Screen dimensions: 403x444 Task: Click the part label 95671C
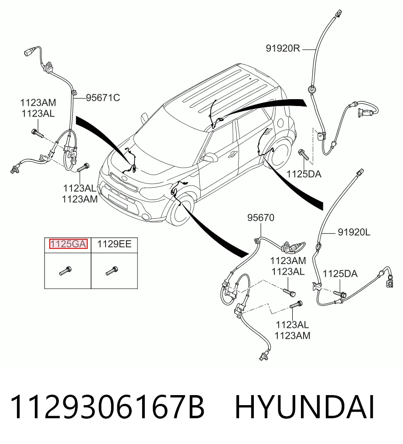tap(103, 98)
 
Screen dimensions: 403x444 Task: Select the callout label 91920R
tap(283, 48)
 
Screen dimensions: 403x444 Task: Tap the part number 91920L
tap(354, 232)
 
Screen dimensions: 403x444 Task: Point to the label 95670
tap(261, 218)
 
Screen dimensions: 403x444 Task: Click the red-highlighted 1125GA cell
tap(68, 244)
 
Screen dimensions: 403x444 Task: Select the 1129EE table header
tap(115, 244)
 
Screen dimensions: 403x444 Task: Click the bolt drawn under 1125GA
tap(65, 270)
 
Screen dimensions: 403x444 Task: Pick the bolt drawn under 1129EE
tap(112, 270)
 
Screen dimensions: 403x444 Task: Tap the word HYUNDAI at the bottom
tap(305, 407)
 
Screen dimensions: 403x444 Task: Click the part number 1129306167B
tap(107, 407)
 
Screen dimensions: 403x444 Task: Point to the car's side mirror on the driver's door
tap(208, 158)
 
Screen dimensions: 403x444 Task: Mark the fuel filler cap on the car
tap(280, 123)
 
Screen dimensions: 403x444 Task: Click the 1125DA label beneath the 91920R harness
tap(304, 174)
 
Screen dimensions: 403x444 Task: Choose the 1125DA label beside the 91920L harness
tap(340, 274)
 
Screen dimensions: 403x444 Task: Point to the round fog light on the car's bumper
tap(146, 217)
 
